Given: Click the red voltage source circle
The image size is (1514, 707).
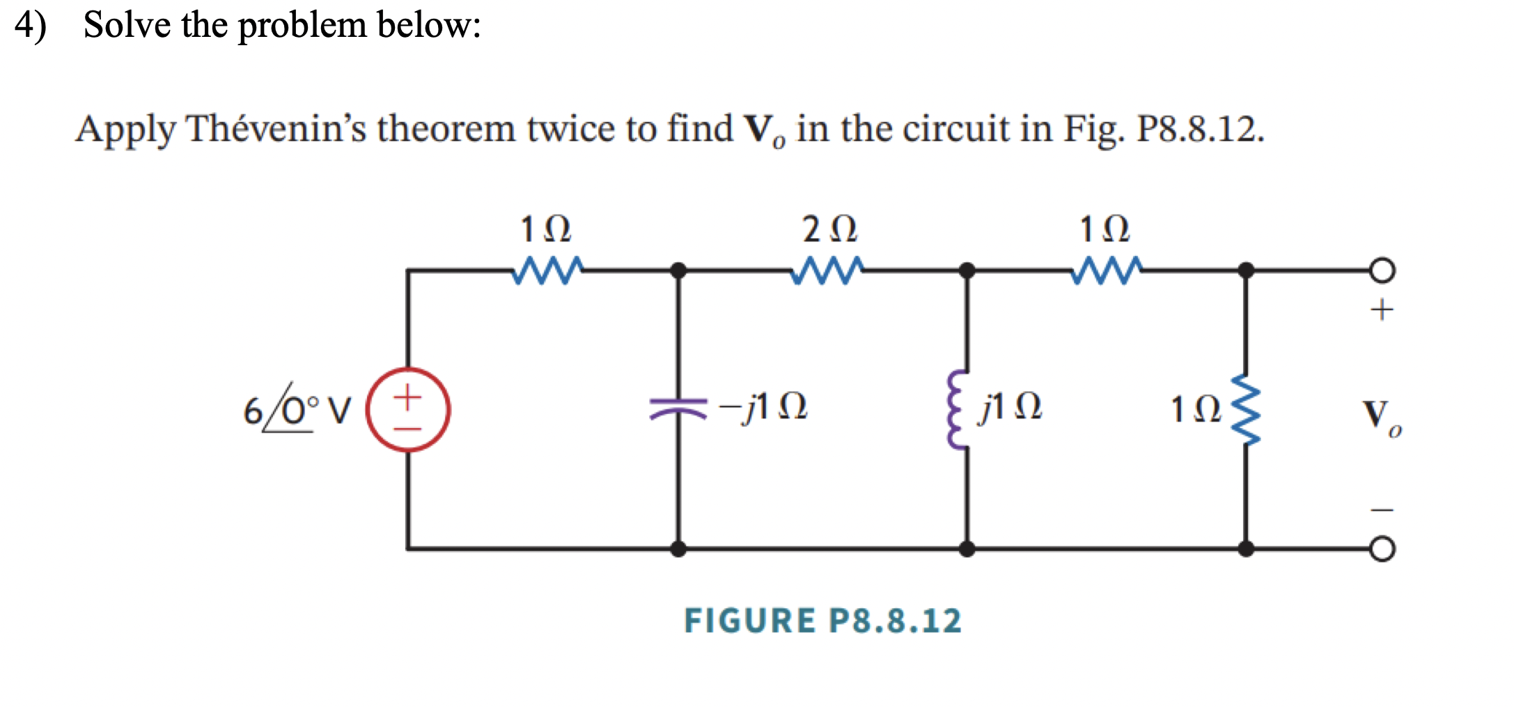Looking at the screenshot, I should [x=408, y=409].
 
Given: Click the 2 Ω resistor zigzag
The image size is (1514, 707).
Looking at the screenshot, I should [x=827, y=271].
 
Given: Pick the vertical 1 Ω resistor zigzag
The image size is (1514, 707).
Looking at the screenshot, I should [x=1246, y=409].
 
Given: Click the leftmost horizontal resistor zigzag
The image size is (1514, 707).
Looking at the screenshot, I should [x=547, y=271].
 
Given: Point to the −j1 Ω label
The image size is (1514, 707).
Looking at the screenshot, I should [x=763, y=406].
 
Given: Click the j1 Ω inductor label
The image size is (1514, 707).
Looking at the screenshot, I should [x=1010, y=406].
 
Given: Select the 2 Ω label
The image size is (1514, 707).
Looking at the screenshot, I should [x=829, y=229].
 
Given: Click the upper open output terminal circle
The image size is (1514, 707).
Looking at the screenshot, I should [x=1382, y=271].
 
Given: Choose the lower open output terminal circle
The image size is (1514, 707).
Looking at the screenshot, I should [x=1382, y=549].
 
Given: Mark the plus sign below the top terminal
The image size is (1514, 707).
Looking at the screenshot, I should [x=1382, y=310].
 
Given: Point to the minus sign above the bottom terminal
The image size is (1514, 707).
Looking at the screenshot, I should [x=1382, y=510].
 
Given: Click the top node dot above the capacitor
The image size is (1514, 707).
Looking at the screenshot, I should [x=678, y=271].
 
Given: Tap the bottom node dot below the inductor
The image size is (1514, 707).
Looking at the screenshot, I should [x=967, y=549].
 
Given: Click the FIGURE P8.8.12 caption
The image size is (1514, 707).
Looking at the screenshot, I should [x=822, y=621].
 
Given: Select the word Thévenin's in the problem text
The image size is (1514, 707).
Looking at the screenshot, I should [x=276, y=129].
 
